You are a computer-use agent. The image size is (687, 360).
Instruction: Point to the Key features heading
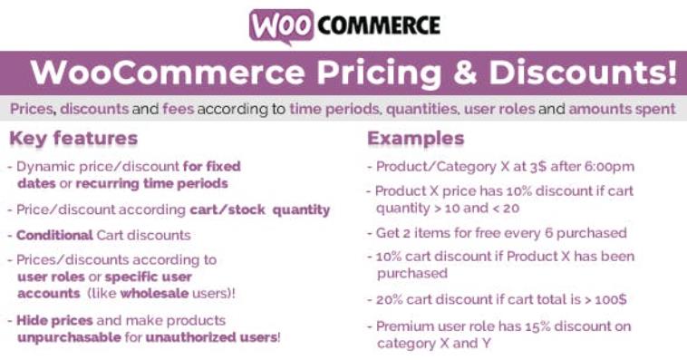pos(73,139)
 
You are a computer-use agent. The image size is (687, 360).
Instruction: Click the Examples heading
pos(415,139)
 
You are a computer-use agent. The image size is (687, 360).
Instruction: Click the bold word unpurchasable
pos(71,337)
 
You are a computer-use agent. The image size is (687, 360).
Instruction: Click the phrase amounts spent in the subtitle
pos(623,110)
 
